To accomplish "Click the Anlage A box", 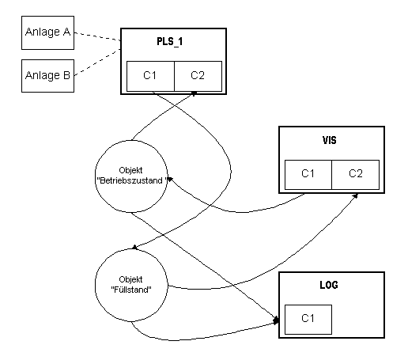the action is coord(47,32).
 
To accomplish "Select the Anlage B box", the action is coord(47,76).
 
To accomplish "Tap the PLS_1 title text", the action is coord(170,42).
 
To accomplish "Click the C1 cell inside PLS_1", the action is coord(150,76).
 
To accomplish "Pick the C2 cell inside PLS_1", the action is coord(198,76).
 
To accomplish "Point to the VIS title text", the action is coord(330,140).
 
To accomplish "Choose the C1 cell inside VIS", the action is coord(308,174).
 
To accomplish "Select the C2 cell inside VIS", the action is coord(356,174).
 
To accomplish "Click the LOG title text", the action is coord(329,285).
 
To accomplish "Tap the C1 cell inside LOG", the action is coord(308,320).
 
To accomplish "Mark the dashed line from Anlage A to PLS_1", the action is coord(97,36).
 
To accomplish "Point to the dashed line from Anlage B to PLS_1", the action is coord(97,63).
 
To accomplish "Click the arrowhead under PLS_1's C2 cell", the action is coord(194,93).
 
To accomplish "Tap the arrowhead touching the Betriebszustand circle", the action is coord(170,180).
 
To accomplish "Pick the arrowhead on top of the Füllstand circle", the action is coord(134,247).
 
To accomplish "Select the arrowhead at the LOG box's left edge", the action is coord(276,320).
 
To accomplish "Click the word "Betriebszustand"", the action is coord(131,181).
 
